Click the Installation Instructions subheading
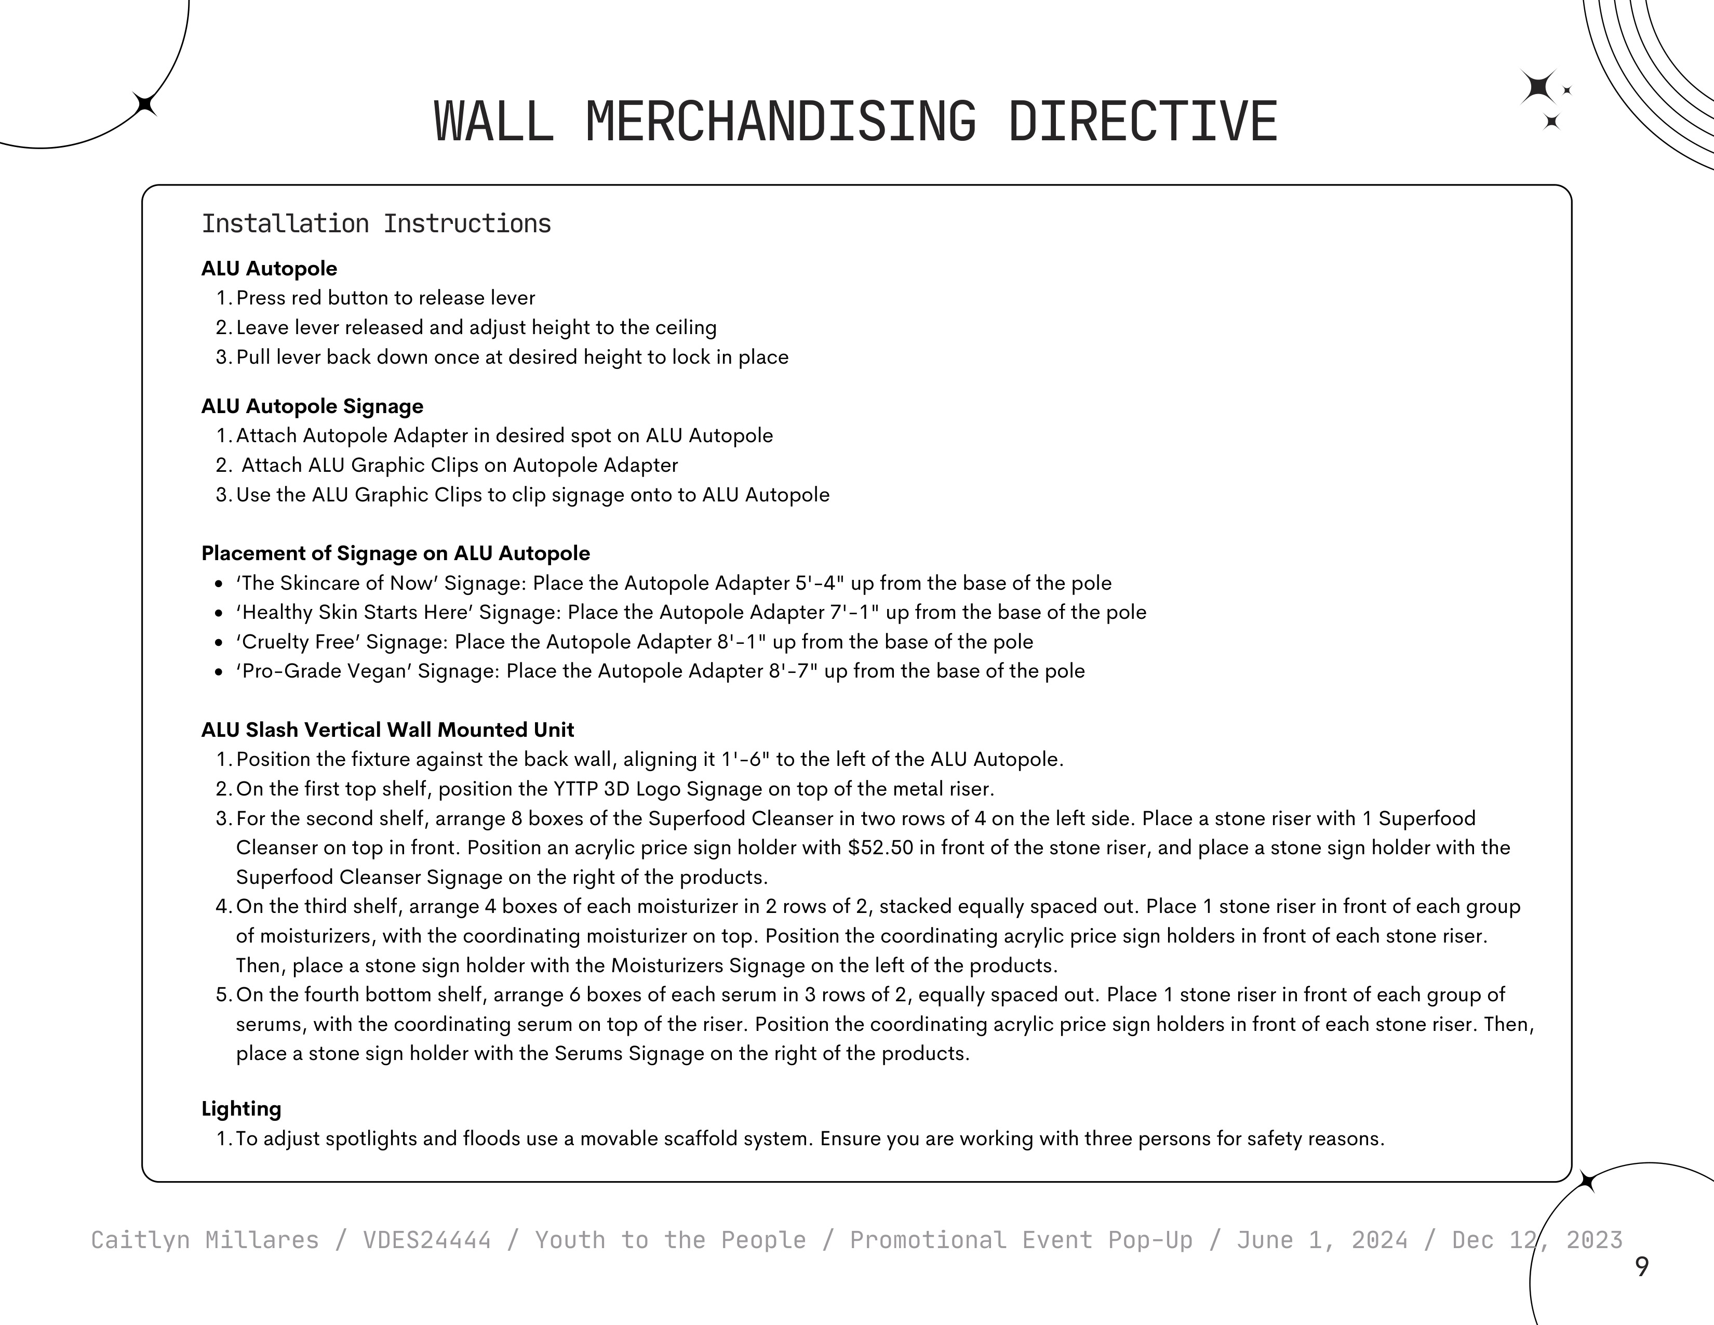coord(376,224)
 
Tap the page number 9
coord(1641,1266)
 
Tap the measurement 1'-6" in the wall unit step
coord(745,760)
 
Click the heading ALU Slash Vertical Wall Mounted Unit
coord(387,730)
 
